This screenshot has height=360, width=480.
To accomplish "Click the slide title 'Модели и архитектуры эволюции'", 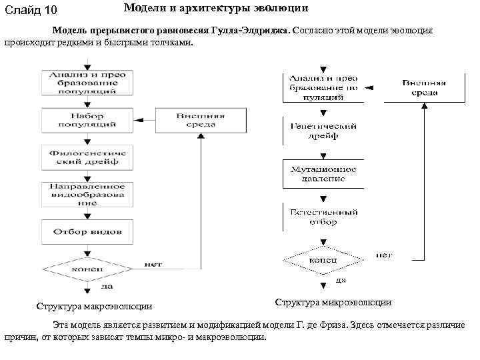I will pyautogui.click(x=215, y=9).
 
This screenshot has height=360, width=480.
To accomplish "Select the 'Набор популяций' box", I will pyautogui.click(x=87, y=120).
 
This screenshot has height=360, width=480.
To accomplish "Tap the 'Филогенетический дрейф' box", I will pyautogui.click(x=87, y=157).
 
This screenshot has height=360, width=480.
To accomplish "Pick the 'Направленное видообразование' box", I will pyautogui.click(x=87, y=194).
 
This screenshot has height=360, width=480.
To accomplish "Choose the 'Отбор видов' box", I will pyautogui.click(x=87, y=231).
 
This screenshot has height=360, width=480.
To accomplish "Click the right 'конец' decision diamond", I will pyautogui.click(x=323, y=259).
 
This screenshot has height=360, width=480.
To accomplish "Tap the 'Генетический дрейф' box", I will pyautogui.click(x=323, y=131).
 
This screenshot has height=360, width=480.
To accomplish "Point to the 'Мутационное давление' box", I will pyautogui.click(x=323, y=173).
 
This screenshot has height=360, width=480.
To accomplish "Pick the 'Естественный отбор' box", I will pyautogui.click(x=323, y=217).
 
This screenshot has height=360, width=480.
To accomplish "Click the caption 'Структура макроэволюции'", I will pyautogui.click(x=94, y=307).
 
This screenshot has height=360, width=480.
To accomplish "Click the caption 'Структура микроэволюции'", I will pyautogui.click(x=333, y=302).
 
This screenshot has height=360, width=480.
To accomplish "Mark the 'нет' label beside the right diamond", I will pyautogui.click(x=384, y=255).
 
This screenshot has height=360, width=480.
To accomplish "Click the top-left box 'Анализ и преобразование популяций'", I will pyautogui.click(x=87, y=83).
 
